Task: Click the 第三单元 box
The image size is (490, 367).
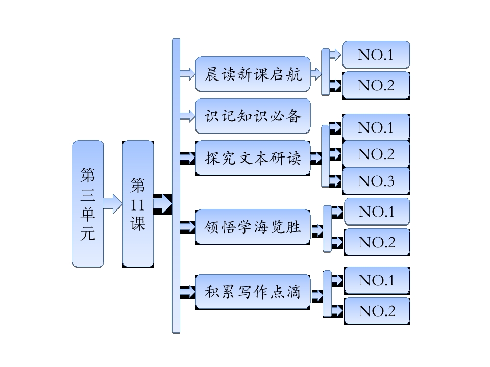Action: click(88, 204)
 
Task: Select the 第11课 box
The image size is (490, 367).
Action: click(138, 204)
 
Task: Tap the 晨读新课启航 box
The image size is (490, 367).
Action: click(253, 74)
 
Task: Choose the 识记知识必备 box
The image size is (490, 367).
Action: click(253, 116)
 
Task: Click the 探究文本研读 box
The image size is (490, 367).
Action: click(253, 158)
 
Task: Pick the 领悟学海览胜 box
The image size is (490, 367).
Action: click(253, 226)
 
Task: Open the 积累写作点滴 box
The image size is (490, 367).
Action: click(253, 292)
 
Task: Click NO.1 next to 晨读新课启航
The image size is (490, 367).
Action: click(376, 55)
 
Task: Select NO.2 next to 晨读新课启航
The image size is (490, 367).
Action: click(376, 85)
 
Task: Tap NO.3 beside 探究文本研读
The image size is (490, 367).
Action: click(376, 181)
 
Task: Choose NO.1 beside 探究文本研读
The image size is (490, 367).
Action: click(376, 127)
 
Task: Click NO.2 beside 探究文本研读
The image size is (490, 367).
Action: click(376, 154)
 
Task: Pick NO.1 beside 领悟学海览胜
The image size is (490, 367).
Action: click(377, 212)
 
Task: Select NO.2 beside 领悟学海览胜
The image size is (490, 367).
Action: click(377, 242)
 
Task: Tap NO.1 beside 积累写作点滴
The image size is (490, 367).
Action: click(377, 280)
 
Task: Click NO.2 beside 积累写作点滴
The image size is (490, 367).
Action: click(377, 311)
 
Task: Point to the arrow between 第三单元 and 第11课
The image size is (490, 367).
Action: click(113, 204)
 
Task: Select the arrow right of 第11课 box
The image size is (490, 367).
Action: click(163, 204)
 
